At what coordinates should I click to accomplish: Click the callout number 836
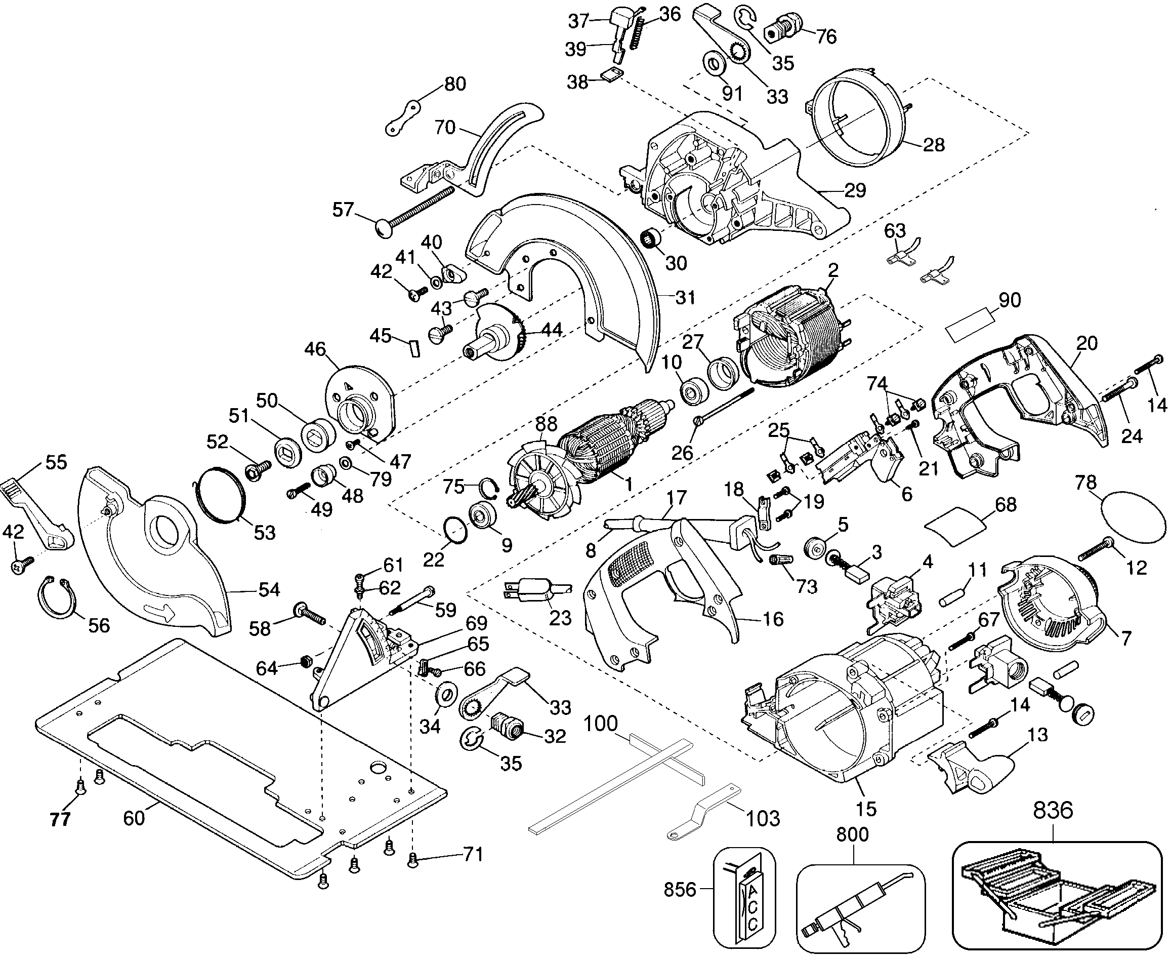point(1053,811)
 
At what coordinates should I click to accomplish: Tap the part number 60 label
point(134,818)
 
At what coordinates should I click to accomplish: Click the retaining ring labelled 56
point(57,596)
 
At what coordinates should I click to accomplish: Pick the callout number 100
point(600,723)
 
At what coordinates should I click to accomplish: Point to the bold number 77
point(60,819)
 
